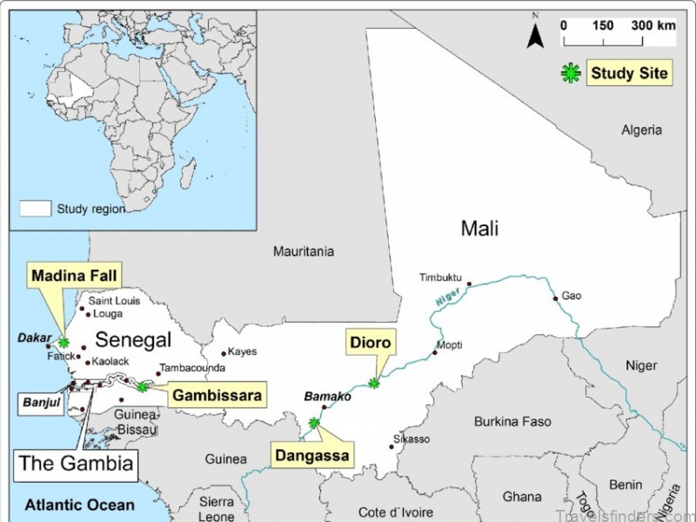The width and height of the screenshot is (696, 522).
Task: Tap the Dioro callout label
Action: click(371, 342)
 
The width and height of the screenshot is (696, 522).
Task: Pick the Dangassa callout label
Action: click(312, 455)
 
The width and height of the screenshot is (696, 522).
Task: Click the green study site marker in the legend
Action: click(570, 74)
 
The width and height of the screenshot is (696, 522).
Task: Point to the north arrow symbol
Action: click(537, 35)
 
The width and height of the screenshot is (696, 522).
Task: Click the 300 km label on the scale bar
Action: click(653, 25)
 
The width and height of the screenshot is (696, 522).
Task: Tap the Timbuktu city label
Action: click(440, 278)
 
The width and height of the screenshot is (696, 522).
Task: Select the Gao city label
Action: click(571, 296)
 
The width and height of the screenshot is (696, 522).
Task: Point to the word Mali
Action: click(480, 229)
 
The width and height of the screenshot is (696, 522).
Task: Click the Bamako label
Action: click(327, 397)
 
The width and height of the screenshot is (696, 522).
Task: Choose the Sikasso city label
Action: click(412, 439)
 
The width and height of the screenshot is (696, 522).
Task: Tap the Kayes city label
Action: click(243, 352)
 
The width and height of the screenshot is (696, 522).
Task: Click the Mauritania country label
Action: click(304, 251)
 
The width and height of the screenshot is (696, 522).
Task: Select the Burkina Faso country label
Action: click(512, 422)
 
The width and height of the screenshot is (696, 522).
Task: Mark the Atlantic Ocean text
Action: click(80, 505)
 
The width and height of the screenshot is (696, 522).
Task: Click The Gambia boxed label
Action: click(77, 464)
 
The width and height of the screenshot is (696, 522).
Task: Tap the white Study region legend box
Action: click(36, 208)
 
